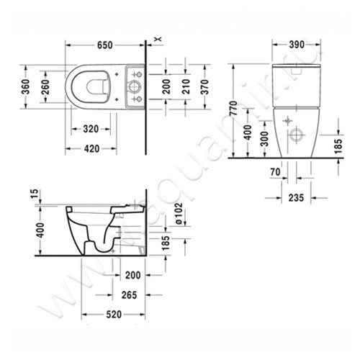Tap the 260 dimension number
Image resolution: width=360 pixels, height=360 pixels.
pyautogui.click(x=46, y=87)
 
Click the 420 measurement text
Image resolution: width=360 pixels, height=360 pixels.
pyautogui.click(x=91, y=149)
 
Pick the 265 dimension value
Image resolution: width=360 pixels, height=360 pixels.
pyautogui.click(x=130, y=294)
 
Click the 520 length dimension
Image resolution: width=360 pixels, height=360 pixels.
pyautogui.click(x=112, y=315)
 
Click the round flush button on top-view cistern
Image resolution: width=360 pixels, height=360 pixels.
pyautogui.click(x=133, y=87)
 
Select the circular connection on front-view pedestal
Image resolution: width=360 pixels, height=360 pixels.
pyautogui.click(x=297, y=135)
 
